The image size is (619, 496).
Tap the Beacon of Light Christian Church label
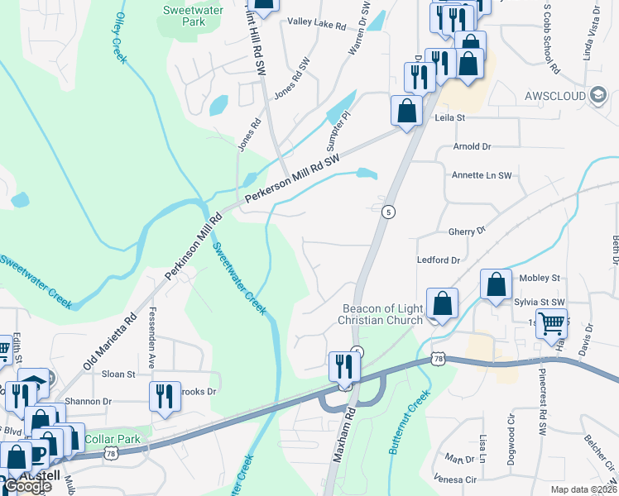tap(382, 314)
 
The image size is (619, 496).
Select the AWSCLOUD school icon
tap(596, 95)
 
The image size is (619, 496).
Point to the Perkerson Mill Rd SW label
tap(292, 178)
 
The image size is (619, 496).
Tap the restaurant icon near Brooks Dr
tap(166, 395)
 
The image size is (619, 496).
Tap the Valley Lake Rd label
tap(316, 25)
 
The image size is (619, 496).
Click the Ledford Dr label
tap(439, 260)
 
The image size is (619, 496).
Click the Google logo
tap(27, 486)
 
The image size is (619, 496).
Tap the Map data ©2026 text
tap(583, 489)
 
